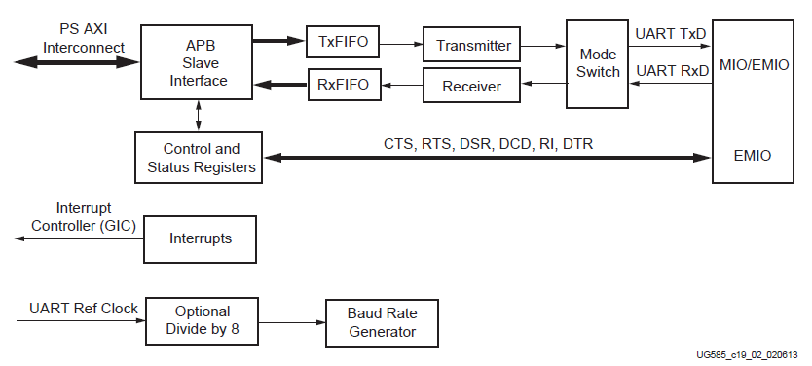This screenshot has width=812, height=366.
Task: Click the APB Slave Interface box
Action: pyautogui.click(x=199, y=62)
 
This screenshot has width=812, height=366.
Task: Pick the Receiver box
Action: pyautogui.click(x=471, y=87)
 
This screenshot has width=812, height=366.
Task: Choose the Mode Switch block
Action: pyautogui.click(x=598, y=63)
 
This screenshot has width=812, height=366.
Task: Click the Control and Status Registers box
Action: pyautogui.click(x=201, y=159)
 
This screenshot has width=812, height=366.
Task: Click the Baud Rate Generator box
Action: pyautogui.click(x=382, y=322)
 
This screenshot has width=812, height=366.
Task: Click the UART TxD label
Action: pyautogui.click(x=671, y=33)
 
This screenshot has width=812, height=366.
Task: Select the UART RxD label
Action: pyautogui.click(x=671, y=71)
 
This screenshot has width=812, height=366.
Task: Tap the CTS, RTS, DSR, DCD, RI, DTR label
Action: pyautogui.click(x=488, y=144)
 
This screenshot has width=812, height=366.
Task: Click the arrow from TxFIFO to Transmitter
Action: pyautogui.click(x=400, y=44)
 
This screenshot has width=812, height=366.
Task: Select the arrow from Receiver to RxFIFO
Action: pyautogui.click(x=400, y=86)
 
